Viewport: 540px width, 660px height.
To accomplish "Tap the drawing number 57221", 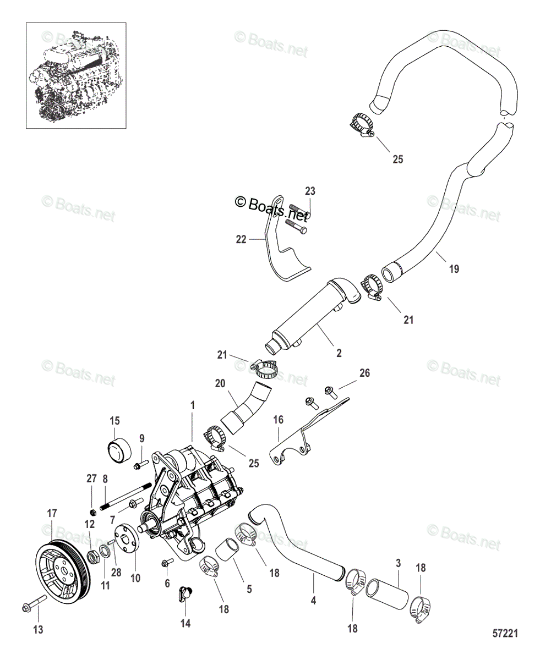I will tap(505, 634).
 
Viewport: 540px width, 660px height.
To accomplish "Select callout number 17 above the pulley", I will tap(52, 514).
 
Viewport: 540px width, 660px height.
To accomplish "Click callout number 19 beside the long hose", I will tap(454, 269).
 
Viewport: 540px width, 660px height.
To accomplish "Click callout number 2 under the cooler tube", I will tap(339, 354).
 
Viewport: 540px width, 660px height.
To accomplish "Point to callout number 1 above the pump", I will tap(193, 405).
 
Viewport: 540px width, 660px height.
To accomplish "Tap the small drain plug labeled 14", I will tap(185, 593).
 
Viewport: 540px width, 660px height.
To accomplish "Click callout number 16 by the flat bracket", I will tap(279, 420).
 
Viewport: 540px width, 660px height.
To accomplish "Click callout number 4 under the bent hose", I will tap(313, 601).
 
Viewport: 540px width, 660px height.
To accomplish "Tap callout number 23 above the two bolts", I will tap(310, 191).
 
